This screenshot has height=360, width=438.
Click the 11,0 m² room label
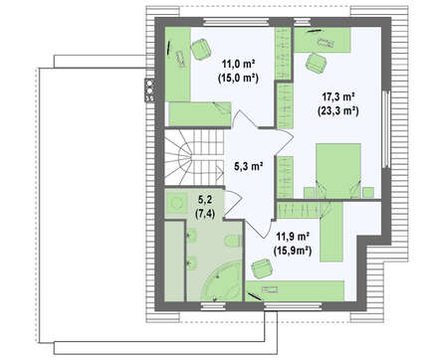pos(239,63)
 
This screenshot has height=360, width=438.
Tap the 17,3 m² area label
pos(338,96)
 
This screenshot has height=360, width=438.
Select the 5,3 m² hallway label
pos(249,166)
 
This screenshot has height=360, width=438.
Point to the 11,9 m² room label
pos(293,237)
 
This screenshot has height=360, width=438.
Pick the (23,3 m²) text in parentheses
pos(338,110)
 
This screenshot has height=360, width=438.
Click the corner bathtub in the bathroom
pos(221,281)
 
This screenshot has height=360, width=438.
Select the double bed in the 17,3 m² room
pos(338,171)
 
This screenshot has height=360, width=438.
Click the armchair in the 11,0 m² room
pos(201,50)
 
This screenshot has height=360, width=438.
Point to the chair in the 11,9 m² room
pos(263,269)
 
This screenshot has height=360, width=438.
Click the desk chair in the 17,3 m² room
pos(317,63)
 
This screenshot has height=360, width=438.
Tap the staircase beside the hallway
pos(194,157)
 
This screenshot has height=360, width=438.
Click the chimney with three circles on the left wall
pos(149,90)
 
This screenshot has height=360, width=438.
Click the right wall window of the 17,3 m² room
pos(385,129)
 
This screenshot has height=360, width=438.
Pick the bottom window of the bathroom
pos(214,305)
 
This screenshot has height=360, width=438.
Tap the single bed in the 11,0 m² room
pos(200,114)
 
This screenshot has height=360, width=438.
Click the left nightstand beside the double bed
pos(309,193)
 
